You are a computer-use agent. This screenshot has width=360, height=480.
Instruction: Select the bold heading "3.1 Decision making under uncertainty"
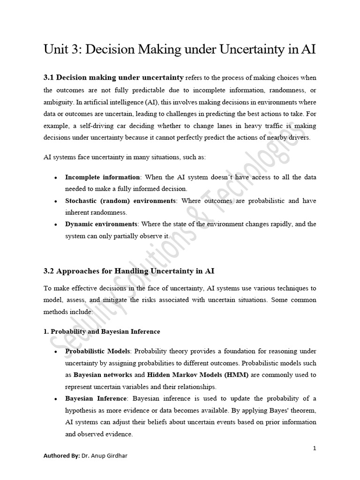tap(113, 77)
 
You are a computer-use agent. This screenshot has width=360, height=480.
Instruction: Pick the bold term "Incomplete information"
tap(102, 177)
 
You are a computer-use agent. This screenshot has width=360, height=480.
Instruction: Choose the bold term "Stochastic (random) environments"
tap(120, 201)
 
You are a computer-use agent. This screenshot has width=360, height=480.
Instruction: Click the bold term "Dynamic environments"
tap(101, 224)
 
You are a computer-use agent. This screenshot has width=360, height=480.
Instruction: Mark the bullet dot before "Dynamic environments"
tap(56, 225)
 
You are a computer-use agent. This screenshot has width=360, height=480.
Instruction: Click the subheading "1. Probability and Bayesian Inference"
tap(102, 331)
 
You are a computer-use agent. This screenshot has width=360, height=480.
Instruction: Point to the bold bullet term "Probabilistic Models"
tap(97, 351)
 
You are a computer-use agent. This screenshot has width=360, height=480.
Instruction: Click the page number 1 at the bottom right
tap(315, 448)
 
